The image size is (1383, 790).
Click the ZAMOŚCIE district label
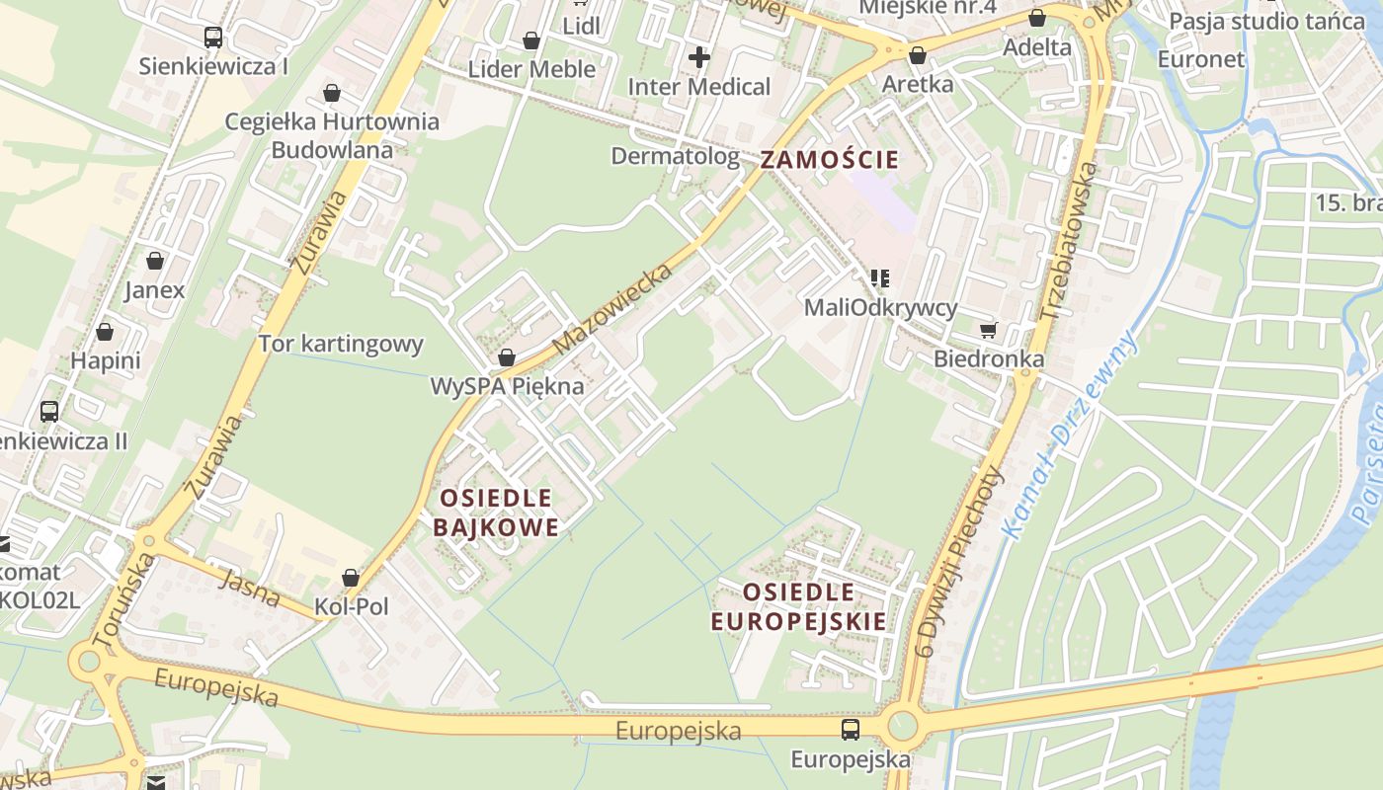coord(829,159)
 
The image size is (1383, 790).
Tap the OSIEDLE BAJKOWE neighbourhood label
coord(496,512)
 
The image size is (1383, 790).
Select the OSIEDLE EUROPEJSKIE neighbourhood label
coord(798,606)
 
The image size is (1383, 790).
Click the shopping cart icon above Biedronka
coord(987,330)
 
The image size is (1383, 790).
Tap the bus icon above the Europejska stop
coord(850,730)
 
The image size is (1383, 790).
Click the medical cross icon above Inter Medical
coord(699,57)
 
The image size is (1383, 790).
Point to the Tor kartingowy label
coord(341,344)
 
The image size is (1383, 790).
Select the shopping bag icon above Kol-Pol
coord(351,578)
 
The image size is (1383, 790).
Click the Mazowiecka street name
coord(612,308)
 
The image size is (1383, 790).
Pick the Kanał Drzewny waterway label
coord(1071,434)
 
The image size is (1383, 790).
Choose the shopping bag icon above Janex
coord(155,261)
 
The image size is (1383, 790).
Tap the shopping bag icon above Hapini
coord(105,332)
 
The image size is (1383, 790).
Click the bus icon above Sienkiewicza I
coord(213,38)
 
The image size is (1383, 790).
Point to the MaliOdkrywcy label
coord(880,307)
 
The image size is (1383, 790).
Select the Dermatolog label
coord(675,156)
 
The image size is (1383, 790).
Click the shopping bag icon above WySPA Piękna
coord(507,357)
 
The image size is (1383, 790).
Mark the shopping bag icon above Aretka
coord(918,55)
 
